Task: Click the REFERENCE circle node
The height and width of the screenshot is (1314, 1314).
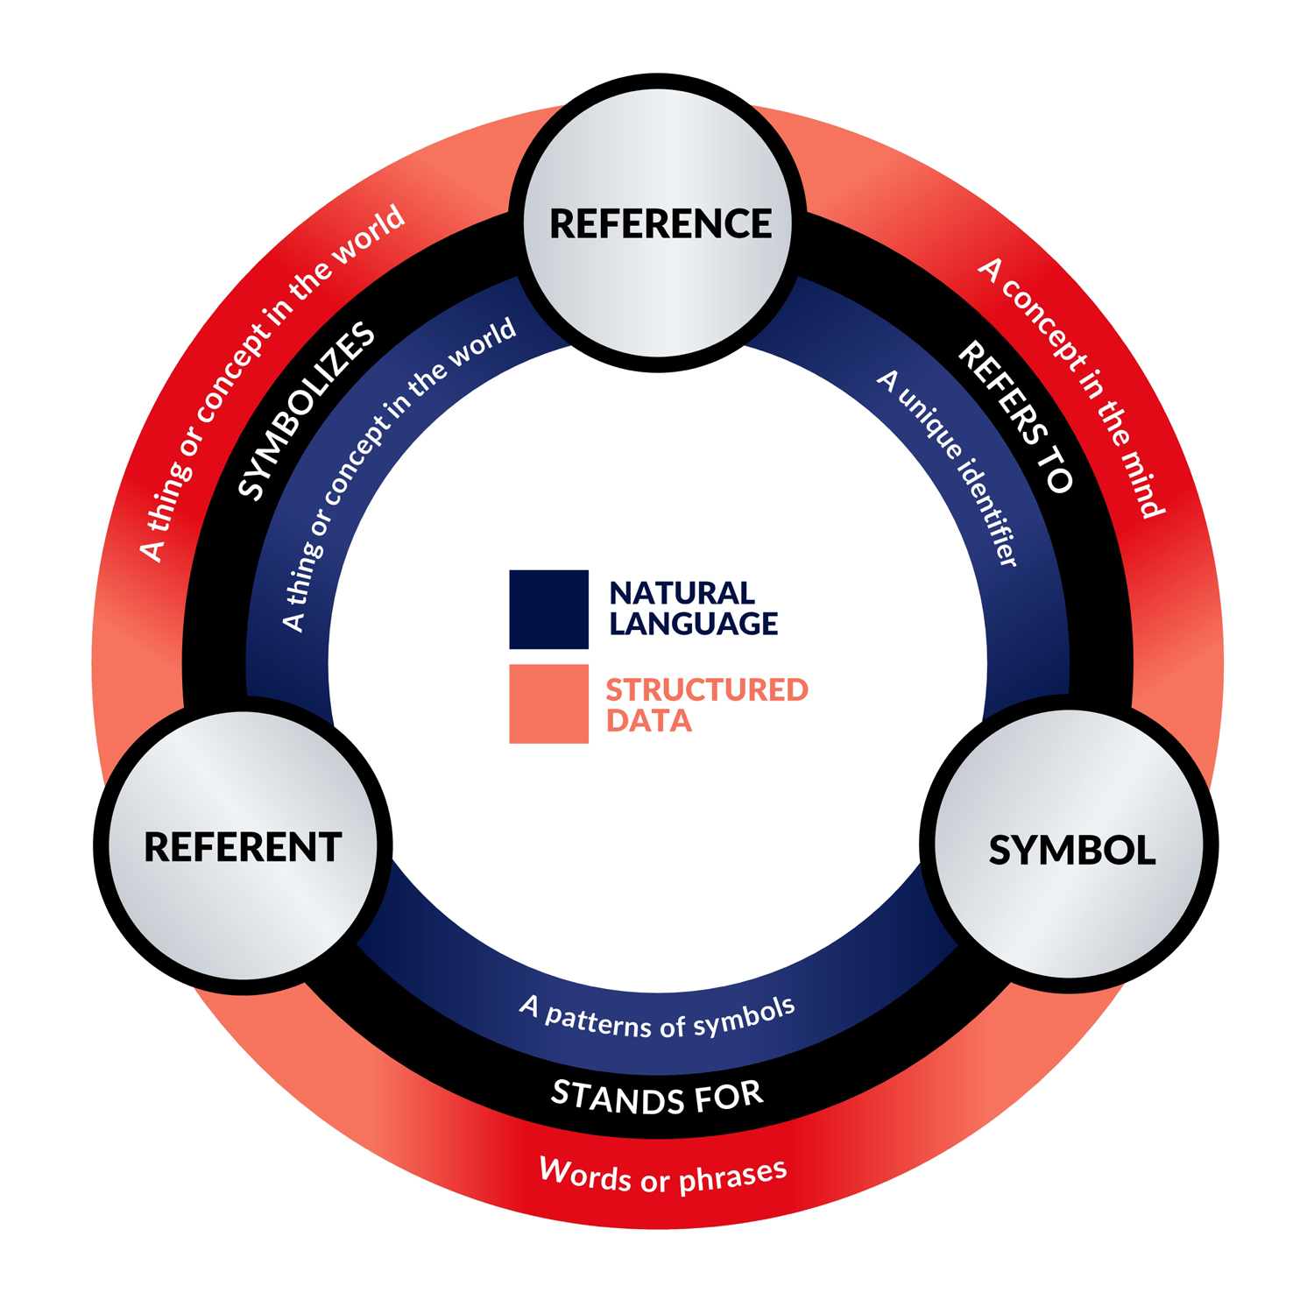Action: click(x=658, y=223)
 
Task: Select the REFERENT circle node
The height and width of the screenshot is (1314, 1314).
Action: click(x=243, y=846)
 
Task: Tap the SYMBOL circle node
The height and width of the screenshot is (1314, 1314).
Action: click(x=1070, y=846)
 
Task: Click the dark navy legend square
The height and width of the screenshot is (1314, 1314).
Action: click(x=548, y=609)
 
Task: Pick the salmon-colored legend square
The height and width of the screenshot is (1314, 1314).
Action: click(x=548, y=703)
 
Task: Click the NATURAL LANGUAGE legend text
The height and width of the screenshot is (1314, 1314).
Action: click(x=692, y=608)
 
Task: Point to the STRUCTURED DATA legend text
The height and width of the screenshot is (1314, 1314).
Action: click(x=705, y=704)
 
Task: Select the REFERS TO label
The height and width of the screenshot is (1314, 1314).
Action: click(x=1016, y=417)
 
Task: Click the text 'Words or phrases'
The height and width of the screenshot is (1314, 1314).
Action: click(x=663, y=1175)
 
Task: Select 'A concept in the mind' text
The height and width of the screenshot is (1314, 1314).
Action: click(x=1073, y=385)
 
